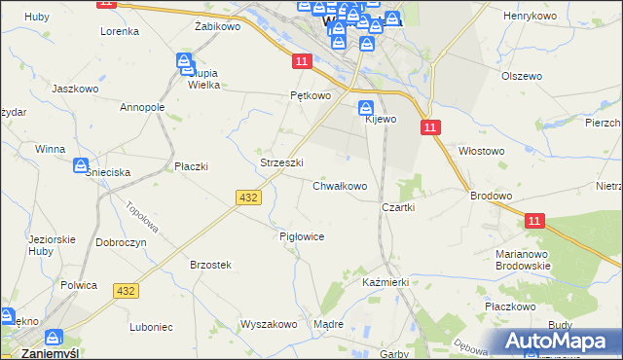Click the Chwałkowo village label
tap(339, 186)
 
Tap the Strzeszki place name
tap(282, 162)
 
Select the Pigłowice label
tap(301, 236)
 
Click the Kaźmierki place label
tap(384, 281)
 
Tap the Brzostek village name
tap(210, 265)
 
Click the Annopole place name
tap(142, 107)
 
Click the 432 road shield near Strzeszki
tap(247, 198)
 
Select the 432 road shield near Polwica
tap(126, 291)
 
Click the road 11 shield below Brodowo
tap(534, 222)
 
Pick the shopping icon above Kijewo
tap(366, 108)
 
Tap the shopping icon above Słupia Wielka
tap(185, 63)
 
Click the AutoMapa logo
tap(559, 341)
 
